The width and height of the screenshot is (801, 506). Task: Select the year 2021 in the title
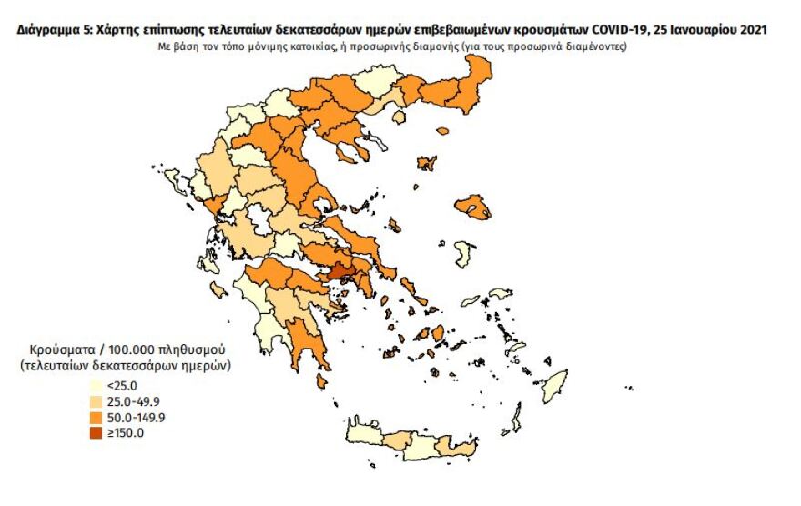click(747, 29)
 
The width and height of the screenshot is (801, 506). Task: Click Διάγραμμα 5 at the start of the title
click(53, 29)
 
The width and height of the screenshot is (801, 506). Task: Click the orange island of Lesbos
click(473, 207)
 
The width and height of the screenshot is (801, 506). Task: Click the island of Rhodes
click(553, 386)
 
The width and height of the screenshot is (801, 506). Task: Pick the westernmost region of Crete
click(362, 442)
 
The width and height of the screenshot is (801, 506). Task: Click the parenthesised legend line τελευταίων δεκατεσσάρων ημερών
click(123, 365)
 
